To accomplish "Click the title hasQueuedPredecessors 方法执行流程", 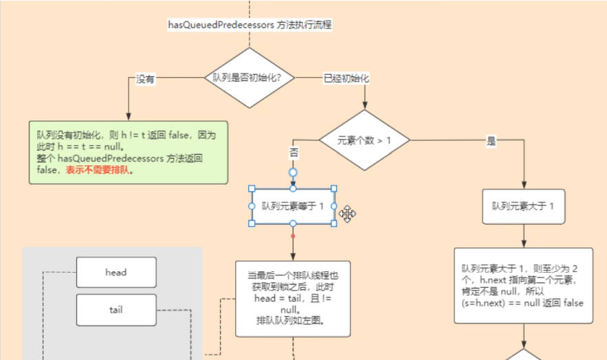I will click(x=250, y=25).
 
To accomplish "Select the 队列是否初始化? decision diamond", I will click(x=249, y=78).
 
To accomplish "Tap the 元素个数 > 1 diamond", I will click(x=364, y=140).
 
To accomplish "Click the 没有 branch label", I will click(x=145, y=80).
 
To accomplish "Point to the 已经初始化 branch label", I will click(x=346, y=78).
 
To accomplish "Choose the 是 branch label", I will click(x=491, y=142).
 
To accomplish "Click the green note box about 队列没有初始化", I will click(x=128, y=153).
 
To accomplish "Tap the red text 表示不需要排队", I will click(x=99, y=170).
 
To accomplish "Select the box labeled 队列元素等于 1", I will click(x=293, y=206).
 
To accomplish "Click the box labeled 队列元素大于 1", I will click(x=523, y=206).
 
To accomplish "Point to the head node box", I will click(x=116, y=272).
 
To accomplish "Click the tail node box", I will click(x=116, y=310).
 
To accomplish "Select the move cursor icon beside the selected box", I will click(x=347, y=214).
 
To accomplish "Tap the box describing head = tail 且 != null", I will click(x=293, y=299).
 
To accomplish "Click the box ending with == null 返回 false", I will click(x=523, y=285).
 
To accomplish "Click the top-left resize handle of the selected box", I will click(x=252, y=188).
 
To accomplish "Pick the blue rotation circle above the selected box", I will click(x=293, y=172).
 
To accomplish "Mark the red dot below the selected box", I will click(x=293, y=236).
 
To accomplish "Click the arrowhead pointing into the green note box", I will click(x=128, y=117).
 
